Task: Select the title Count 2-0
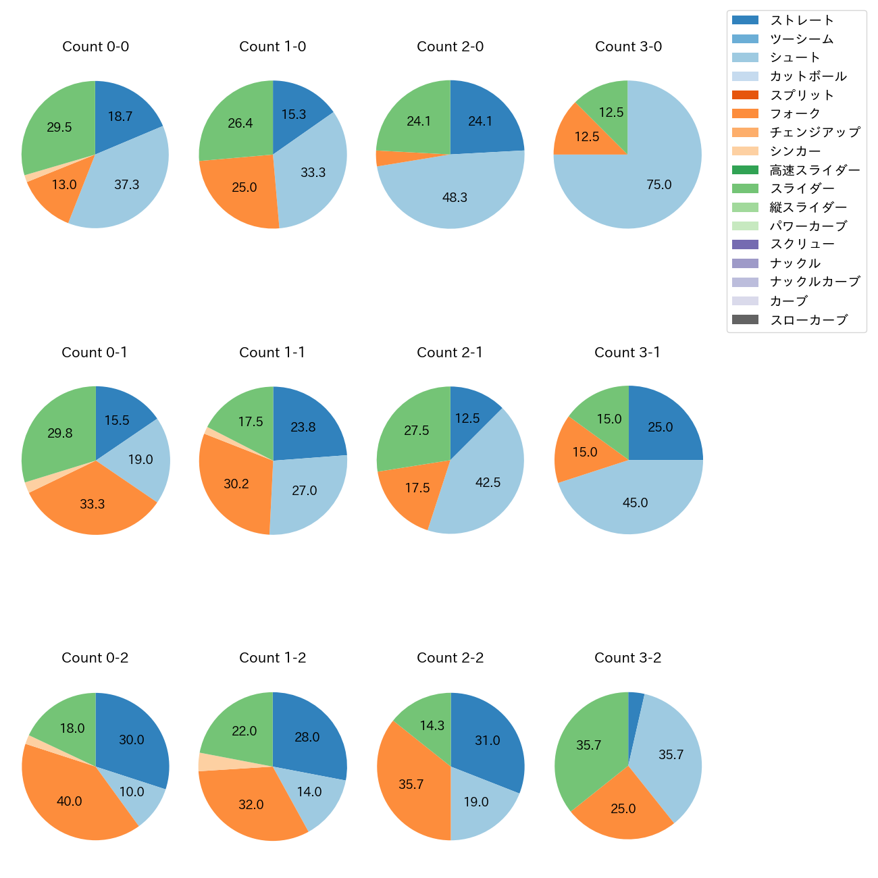point(450,47)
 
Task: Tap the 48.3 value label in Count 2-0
point(455,197)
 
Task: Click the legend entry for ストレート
point(802,20)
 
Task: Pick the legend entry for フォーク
point(795,113)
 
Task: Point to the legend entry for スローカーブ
point(808,320)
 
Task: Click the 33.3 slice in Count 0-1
point(93,503)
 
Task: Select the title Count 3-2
point(628,658)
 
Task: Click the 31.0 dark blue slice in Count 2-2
point(488,740)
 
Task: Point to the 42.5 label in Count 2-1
point(488,482)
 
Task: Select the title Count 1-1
point(272,353)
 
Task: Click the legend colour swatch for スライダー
point(745,188)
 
